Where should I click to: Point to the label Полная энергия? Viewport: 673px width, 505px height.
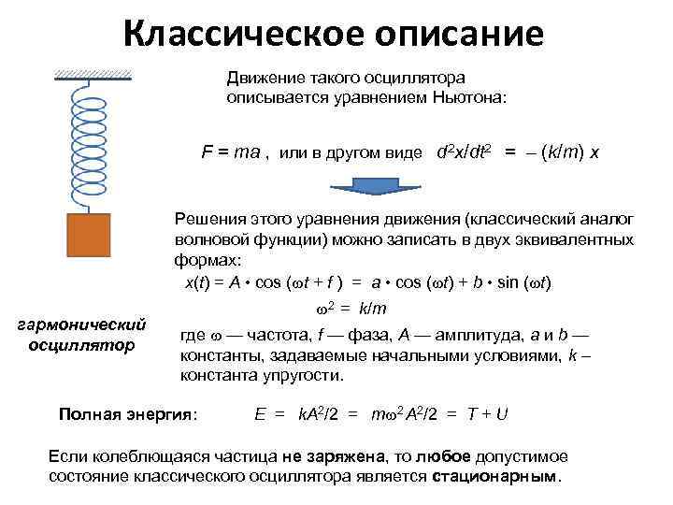[x=128, y=413]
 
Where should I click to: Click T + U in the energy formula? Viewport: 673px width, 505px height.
[x=486, y=413]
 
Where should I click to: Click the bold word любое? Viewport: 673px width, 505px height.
[x=445, y=456]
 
